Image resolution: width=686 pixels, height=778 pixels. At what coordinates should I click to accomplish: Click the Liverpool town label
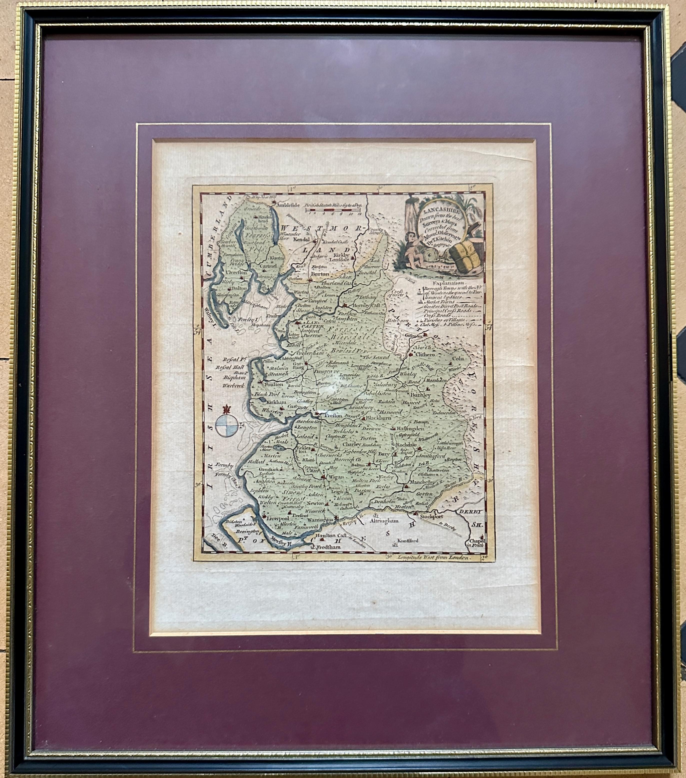(278, 518)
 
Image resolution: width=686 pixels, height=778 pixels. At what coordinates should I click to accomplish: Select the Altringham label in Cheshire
(384, 521)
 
